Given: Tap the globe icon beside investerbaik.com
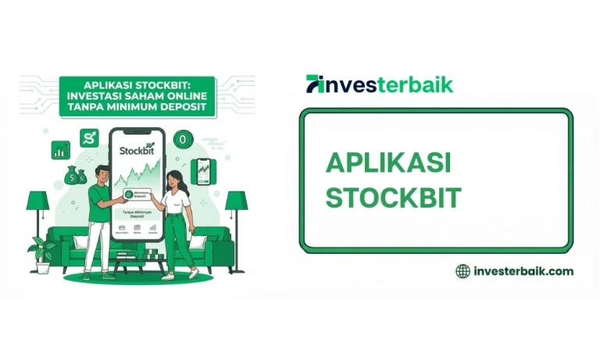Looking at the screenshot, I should [x=462, y=271].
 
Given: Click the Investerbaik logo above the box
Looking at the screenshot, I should [x=380, y=84].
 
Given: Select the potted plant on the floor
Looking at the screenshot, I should [x=41, y=255].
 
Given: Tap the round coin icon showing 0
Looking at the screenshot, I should [x=183, y=140].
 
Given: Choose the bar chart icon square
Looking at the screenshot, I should [x=60, y=150].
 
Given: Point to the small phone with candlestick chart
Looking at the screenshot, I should [x=204, y=169].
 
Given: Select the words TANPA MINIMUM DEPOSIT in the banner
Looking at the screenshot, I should [x=139, y=107].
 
